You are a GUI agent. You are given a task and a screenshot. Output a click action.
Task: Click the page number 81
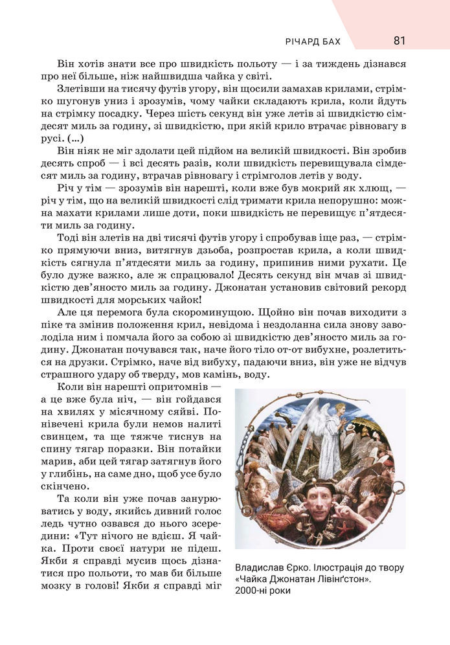click(399, 41)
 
